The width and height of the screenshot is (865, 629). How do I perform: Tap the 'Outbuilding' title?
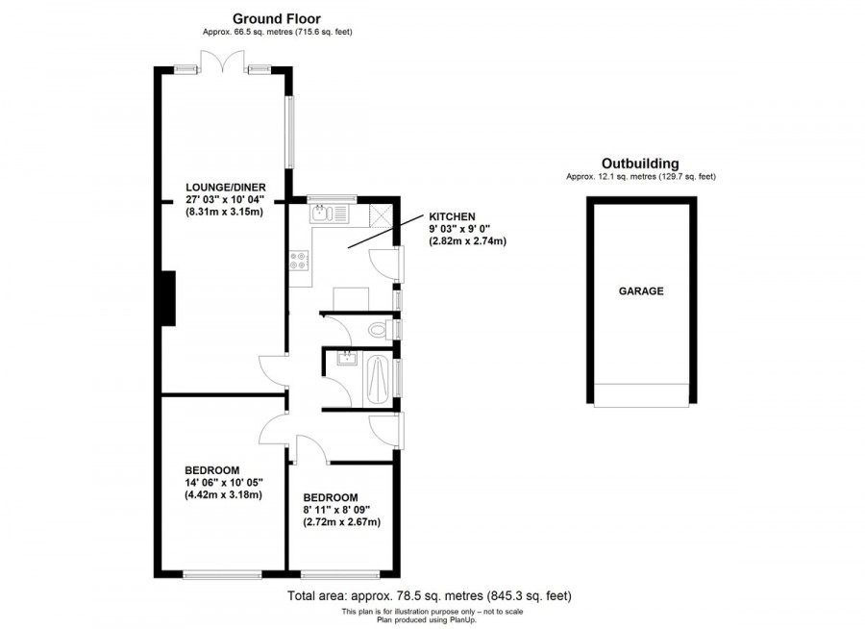640,163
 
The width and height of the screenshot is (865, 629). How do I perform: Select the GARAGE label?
640,290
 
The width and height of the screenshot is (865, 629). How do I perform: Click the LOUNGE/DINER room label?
226,187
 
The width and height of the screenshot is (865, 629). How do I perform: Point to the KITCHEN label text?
451,216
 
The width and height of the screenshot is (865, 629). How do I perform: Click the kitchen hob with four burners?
298,261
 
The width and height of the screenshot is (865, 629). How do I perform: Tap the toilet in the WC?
380,330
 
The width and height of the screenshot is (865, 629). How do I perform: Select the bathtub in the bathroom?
377,380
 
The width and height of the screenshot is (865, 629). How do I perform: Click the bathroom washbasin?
344,361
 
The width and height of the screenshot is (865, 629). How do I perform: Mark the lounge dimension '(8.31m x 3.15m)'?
225,213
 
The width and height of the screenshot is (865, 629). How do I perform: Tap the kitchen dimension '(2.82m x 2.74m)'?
467,242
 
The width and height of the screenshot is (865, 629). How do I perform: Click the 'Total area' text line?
422,596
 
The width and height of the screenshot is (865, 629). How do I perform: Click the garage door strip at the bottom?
640,394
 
